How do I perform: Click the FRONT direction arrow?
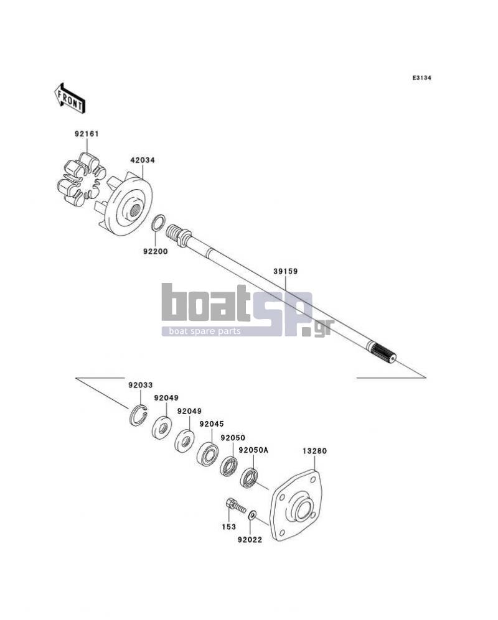70,98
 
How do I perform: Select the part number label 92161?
87,134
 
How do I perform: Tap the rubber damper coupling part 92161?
82,179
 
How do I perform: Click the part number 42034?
143,160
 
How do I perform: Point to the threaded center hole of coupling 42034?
134,210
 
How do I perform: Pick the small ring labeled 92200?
158,223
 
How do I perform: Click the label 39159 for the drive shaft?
286,272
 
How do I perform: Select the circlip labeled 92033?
138,416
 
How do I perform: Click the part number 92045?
212,424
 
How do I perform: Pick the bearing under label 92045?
208,453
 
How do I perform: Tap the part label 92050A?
253,450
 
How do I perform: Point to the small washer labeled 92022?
252,516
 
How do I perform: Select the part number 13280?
315,451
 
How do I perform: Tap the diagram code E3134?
421,78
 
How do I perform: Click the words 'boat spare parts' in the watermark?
205,331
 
